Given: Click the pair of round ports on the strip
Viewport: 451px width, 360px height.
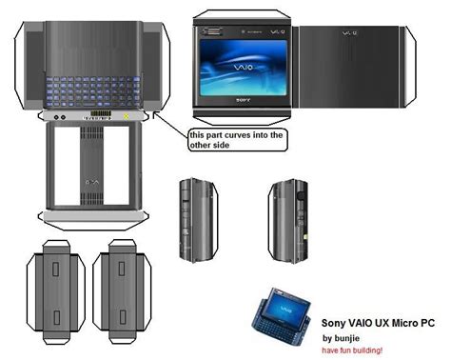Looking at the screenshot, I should pos(59,118).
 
